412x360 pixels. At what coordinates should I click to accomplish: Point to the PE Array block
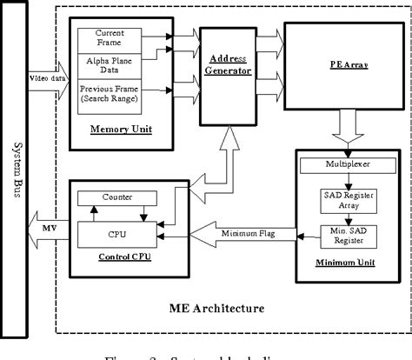(334, 65)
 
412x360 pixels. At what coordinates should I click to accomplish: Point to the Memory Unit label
(117, 130)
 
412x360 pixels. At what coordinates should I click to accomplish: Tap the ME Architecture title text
(229, 308)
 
